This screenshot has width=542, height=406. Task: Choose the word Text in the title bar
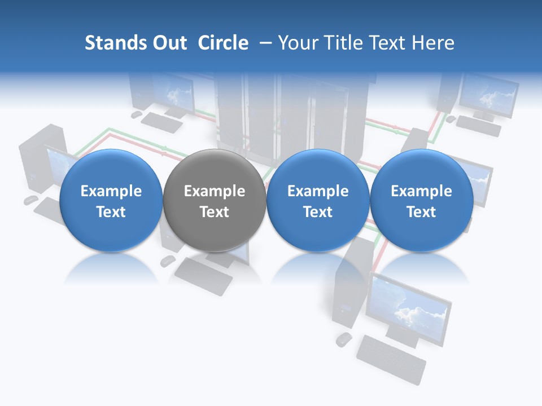tap(388, 43)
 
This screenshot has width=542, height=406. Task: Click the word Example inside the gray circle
tap(215, 191)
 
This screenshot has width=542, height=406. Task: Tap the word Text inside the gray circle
tap(215, 212)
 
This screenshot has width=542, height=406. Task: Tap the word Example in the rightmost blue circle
tap(421, 191)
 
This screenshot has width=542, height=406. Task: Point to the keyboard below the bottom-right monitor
tap(391, 359)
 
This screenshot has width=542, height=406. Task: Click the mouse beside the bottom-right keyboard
tap(343, 339)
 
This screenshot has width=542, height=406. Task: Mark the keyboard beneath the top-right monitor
tap(478, 126)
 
